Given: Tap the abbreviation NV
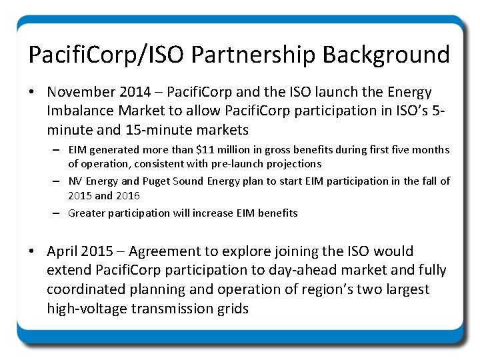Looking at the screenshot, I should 76,181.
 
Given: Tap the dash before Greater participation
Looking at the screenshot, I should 59,213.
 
